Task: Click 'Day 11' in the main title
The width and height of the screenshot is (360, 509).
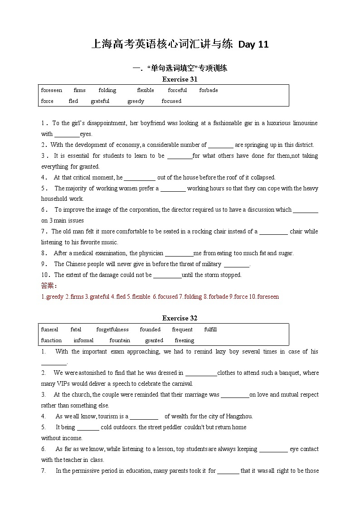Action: pos(253,44)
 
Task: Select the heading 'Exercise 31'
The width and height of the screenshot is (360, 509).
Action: pos(180,79)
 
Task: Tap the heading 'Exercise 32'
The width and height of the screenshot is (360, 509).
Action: pos(180,318)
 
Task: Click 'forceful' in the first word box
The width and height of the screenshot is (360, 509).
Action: pos(177,90)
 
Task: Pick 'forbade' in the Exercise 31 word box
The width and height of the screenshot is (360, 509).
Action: pos(209,90)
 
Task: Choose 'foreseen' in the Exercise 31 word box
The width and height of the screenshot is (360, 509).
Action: pos(52,90)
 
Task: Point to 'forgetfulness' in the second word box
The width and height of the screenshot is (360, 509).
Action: pos(112,330)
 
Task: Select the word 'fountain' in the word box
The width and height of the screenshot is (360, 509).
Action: pos(120,340)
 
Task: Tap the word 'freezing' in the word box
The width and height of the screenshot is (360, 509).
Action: pos(184,340)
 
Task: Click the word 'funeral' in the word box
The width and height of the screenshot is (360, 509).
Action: pos(49,330)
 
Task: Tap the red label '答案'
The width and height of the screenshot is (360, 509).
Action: pos(47,286)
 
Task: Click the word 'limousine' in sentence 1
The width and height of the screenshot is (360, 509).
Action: pos(304,123)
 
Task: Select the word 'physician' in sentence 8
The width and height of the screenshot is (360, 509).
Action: pos(151,253)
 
